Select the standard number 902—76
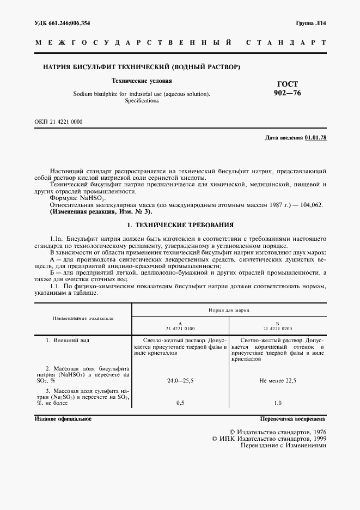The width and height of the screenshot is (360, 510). (x=287, y=93)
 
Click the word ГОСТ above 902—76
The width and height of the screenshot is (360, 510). (x=288, y=84)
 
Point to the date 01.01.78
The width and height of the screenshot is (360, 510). (x=315, y=137)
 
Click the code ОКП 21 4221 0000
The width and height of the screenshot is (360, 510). (x=59, y=122)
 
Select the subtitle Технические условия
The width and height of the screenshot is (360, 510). (x=142, y=81)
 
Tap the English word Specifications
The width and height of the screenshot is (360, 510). (x=142, y=101)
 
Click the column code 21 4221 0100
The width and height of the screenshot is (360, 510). (x=180, y=329)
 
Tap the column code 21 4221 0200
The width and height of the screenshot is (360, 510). (x=278, y=329)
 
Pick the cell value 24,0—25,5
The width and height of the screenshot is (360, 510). (x=180, y=381)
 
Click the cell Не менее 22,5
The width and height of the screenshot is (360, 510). (x=278, y=381)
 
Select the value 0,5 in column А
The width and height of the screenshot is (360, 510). (x=180, y=403)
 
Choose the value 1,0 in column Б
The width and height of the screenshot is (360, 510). (x=278, y=403)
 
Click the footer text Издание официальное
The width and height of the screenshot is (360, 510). (x=63, y=419)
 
